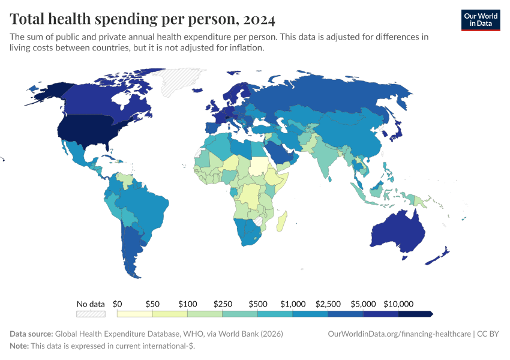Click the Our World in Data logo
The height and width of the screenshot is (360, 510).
pos(481,19)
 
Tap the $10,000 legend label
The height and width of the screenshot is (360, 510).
pos(399,304)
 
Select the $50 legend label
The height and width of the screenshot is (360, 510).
pos(152,304)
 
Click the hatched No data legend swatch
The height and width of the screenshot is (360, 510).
pos(91,314)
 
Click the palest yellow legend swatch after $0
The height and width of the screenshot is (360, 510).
pos(135,314)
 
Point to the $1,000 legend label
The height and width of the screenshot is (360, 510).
pos(293,304)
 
